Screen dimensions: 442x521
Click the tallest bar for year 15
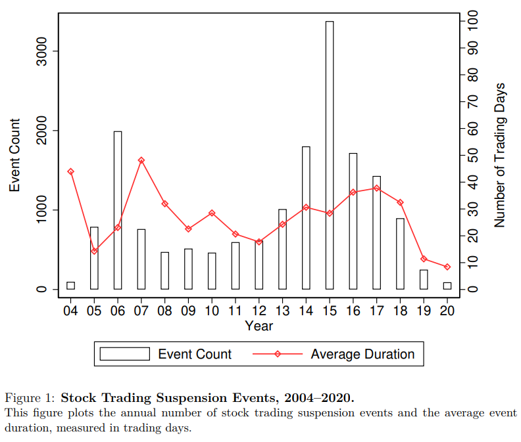(329, 155)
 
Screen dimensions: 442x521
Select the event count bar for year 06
(118, 210)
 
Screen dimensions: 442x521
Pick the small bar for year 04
(70, 286)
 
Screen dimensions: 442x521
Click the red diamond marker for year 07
(141, 160)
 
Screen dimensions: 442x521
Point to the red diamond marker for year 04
(70, 171)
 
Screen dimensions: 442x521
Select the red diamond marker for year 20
(447, 267)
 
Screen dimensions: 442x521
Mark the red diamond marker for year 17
(376, 188)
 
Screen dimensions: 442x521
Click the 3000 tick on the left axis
(41, 51)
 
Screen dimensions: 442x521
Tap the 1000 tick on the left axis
(41, 210)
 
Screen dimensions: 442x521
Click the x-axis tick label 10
(212, 311)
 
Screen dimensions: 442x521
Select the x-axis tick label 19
(424, 311)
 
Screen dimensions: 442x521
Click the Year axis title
(259, 326)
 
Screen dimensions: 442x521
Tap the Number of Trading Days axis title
(500, 155)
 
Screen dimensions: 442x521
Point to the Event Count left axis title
(14, 155)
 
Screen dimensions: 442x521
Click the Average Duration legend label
(362, 355)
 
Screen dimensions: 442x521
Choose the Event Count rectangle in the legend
(125, 355)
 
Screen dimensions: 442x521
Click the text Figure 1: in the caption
(31, 397)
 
